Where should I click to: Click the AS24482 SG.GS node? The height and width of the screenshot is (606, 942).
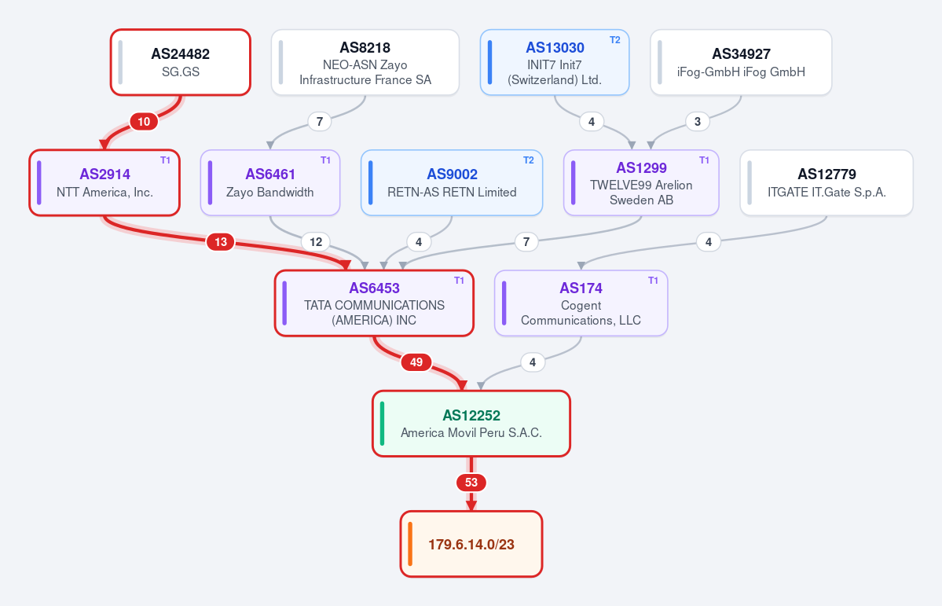(180, 63)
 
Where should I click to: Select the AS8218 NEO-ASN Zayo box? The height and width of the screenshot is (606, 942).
(365, 63)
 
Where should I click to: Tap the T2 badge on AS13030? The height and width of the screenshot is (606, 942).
(614, 40)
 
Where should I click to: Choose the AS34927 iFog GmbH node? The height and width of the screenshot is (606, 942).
(741, 63)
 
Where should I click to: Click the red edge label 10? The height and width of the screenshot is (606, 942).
(144, 122)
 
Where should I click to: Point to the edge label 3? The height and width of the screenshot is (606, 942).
(698, 122)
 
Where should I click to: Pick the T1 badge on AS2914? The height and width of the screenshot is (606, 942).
(165, 160)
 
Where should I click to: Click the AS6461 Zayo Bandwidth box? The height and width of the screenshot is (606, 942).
(270, 183)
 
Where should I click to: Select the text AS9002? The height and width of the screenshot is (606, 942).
(452, 174)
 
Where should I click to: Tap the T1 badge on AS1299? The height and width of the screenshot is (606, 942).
(704, 160)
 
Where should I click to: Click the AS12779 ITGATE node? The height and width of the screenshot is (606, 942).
(827, 183)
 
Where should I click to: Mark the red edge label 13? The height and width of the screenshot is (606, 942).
(221, 242)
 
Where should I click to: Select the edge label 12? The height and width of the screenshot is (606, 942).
(316, 242)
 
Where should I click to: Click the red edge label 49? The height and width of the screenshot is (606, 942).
(416, 362)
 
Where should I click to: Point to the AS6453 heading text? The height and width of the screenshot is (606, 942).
(374, 288)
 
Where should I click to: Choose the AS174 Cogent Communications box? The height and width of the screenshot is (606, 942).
(581, 303)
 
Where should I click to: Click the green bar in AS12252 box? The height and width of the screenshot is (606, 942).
(382, 424)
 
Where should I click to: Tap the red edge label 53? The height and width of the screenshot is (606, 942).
(471, 483)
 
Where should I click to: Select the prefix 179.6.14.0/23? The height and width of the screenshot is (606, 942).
(471, 545)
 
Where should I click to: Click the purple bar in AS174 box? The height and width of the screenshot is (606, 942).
(504, 303)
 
